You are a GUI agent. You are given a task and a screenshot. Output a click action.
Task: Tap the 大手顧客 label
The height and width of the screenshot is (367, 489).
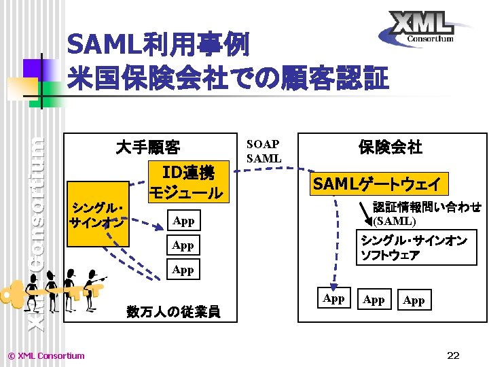tap(147, 147)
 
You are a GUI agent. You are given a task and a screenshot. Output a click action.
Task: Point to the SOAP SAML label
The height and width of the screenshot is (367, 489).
tap(264, 152)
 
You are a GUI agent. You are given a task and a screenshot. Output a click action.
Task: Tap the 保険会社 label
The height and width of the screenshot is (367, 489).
tap(391, 147)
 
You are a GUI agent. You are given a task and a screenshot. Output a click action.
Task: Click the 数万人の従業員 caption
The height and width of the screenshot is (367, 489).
tap(173, 311)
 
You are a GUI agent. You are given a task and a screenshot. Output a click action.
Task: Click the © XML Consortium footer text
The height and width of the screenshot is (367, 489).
tap(45, 355)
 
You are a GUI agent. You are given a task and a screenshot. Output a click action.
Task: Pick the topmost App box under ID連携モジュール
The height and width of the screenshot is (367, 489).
tap(183, 221)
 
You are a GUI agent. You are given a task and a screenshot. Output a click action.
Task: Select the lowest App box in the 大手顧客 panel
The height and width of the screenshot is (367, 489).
tap(183, 270)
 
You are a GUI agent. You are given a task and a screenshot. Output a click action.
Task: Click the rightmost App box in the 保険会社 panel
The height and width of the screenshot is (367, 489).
tap(414, 300)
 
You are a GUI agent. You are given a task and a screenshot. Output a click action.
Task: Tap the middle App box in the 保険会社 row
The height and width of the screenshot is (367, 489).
tap(374, 300)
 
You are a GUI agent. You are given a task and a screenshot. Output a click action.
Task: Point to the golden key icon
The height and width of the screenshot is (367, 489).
tap(20, 296)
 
